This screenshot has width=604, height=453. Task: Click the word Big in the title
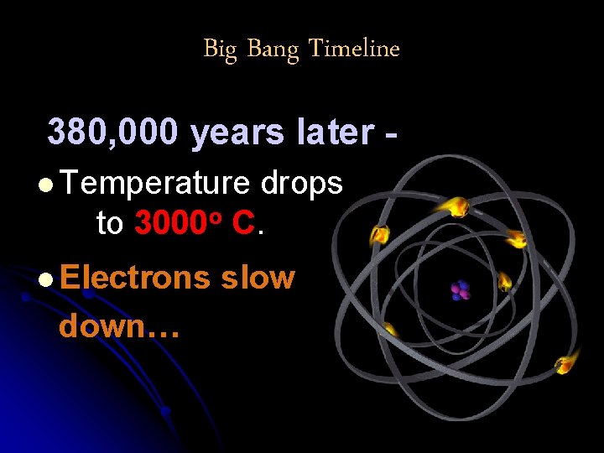pyautogui.click(x=220, y=49)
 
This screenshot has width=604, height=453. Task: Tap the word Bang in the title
pyautogui.click(x=273, y=50)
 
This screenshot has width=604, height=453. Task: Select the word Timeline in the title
pyautogui.click(x=354, y=49)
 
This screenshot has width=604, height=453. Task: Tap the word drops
pyautogui.click(x=302, y=185)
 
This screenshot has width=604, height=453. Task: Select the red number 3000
pyautogui.click(x=171, y=223)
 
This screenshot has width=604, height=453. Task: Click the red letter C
pyautogui.click(x=243, y=223)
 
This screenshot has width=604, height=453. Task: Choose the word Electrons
pyautogui.click(x=135, y=277)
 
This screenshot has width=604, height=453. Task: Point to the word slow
pyautogui.click(x=258, y=277)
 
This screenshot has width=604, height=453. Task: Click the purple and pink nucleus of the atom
pyautogui.click(x=460, y=290)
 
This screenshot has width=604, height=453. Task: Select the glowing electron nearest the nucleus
pyautogui.click(x=505, y=282)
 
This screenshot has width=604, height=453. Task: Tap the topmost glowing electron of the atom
pyautogui.click(x=458, y=205)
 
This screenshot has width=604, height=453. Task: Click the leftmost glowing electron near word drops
pyautogui.click(x=380, y=234)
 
